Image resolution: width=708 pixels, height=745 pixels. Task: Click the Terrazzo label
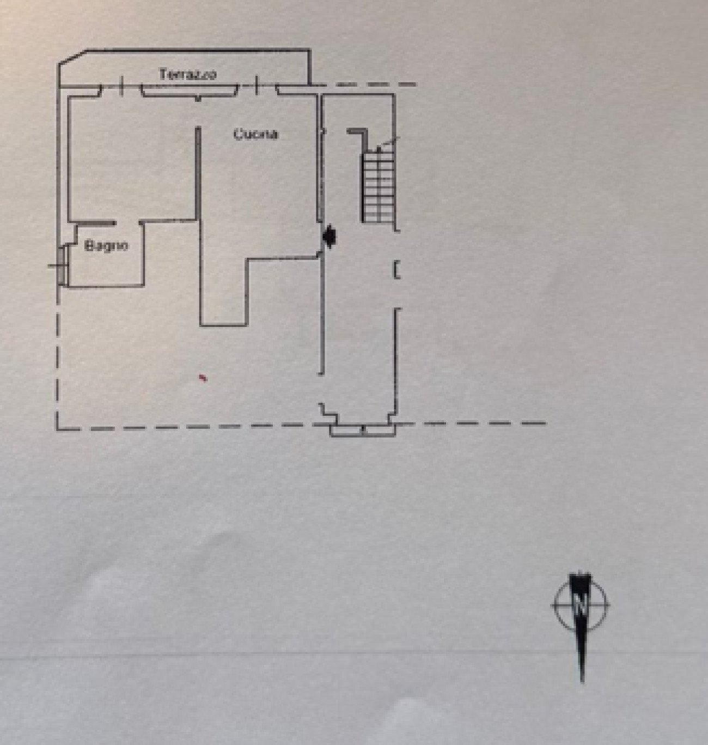[187, 74]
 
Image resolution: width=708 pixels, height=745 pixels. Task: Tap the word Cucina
[255, 134]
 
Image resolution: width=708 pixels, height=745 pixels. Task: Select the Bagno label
[106, 246]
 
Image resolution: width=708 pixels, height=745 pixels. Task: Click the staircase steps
[378, 185]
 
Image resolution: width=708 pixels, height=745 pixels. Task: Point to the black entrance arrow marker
[329, 236]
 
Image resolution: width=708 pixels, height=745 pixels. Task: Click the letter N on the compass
[581, 605]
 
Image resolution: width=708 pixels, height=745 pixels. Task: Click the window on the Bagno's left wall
[62, 265]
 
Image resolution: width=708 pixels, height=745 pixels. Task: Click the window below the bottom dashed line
[362, 431]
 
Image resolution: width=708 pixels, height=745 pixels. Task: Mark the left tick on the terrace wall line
[121, 85]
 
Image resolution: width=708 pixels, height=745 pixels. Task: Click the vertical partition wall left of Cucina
[199, 218]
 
